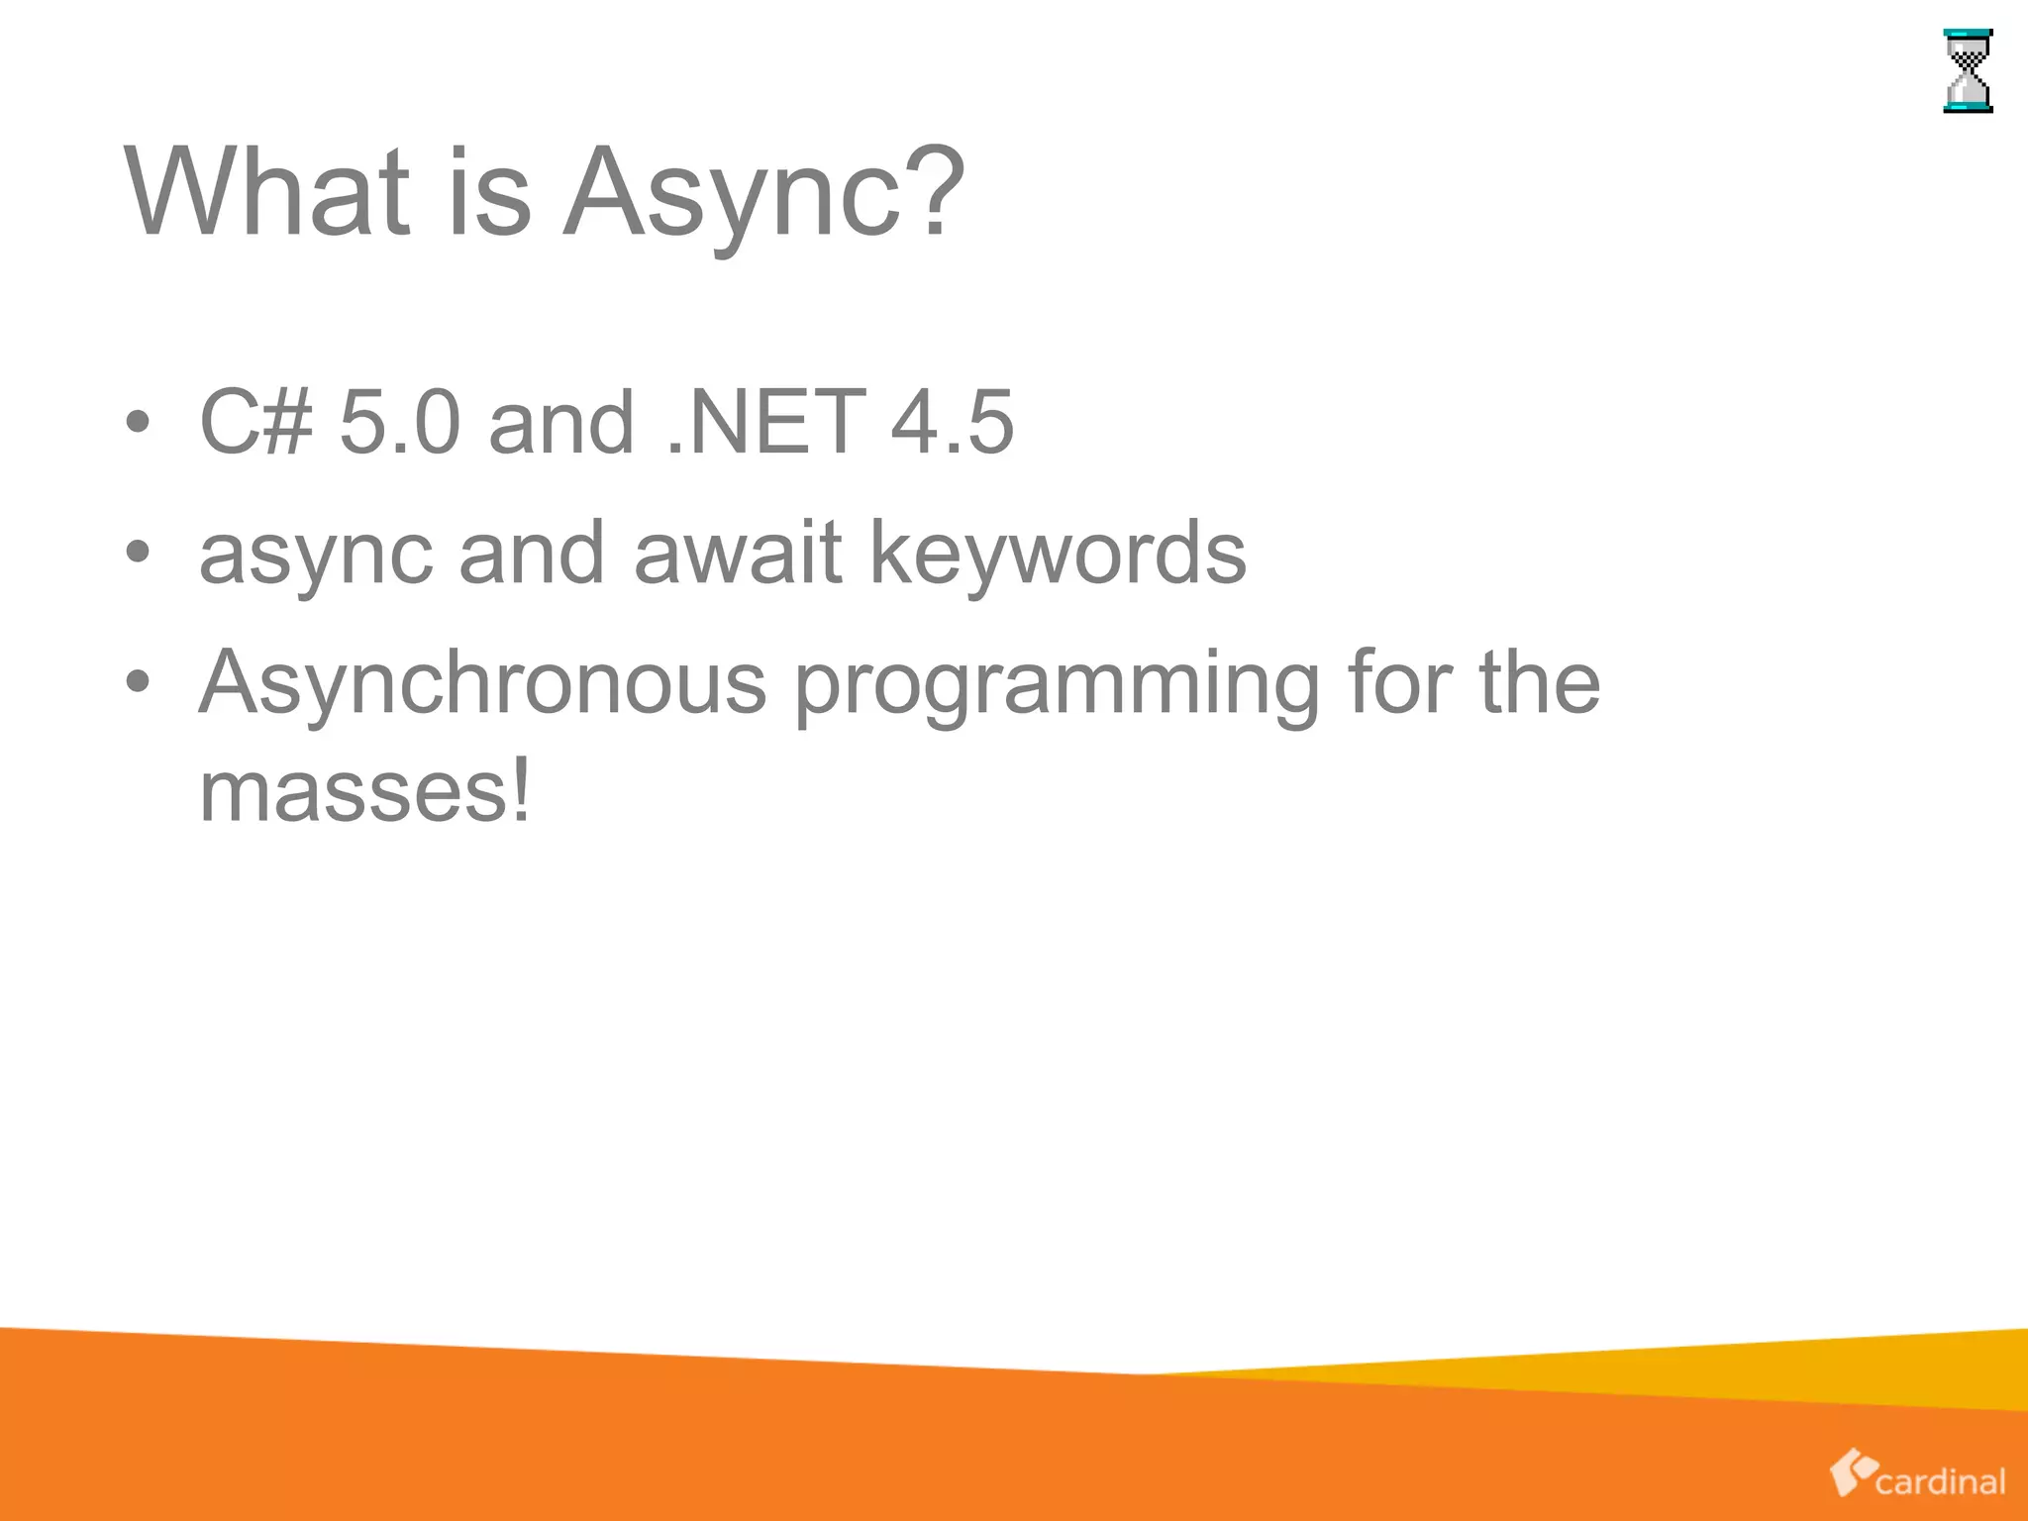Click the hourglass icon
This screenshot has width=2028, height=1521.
[1968, 71]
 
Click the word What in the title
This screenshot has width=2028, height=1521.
[266, 192]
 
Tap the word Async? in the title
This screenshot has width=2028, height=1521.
[763, 192]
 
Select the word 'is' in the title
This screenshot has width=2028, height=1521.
[490, 192]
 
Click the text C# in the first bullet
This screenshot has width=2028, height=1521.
[255, 422]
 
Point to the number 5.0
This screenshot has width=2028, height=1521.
[400, 422]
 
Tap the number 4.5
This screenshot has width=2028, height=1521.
[952, 422]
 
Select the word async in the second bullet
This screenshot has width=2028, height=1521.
[316, 555]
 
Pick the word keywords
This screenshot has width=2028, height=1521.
[1057, 555]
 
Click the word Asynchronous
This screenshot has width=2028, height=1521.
[483, 683]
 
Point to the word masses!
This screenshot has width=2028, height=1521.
[365, 791]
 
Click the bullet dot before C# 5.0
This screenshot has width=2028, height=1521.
[139, 423]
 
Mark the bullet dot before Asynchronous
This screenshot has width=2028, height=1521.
[139, 682]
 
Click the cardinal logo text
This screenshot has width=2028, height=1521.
[1940, 1481]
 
